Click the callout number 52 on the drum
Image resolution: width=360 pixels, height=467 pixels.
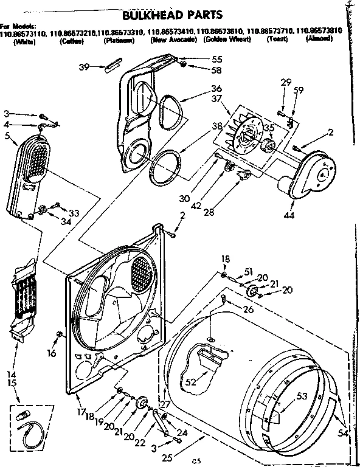191,382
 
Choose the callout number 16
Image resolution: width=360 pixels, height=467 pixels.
51,352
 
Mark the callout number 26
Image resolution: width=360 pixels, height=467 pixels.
248,309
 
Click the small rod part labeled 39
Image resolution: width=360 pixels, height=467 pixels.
114,64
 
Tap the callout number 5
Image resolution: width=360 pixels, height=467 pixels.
7,136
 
